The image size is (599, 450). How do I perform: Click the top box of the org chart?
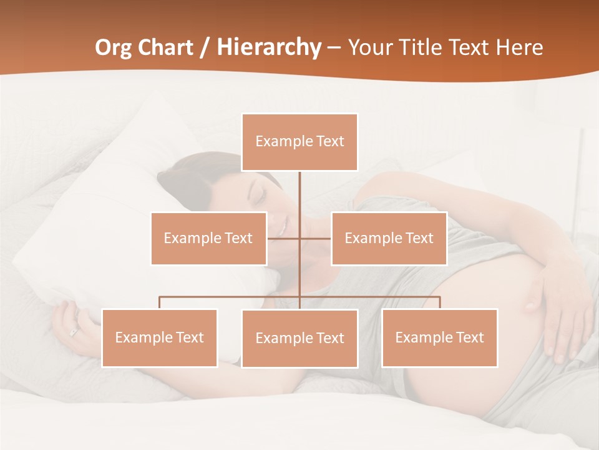click(x=299, y=142)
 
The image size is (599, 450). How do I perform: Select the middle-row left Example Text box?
click(x=208, y=238)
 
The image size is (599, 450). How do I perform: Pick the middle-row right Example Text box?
click(x=389, y=238)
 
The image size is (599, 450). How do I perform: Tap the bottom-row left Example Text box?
click(x=160, y=337)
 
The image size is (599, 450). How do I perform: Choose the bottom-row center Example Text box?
click(x=299, y=338)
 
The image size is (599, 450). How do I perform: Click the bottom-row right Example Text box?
click(x=439, y=337)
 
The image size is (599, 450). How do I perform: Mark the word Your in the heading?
click(x=369, y=47)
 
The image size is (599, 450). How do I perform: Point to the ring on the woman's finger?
click(x=74, y=332)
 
